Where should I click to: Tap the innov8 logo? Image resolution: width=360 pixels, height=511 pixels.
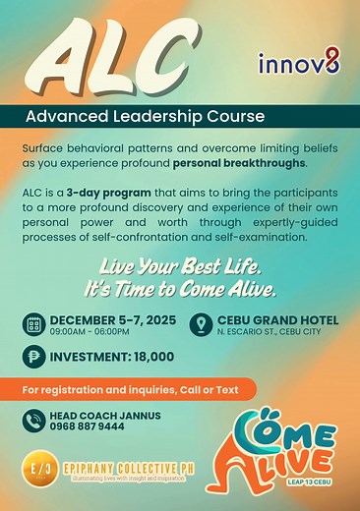tap(299, 65)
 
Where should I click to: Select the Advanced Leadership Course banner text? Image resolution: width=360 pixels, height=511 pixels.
tap(146, 116)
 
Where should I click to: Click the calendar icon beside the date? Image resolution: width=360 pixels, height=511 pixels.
tap(33, 325)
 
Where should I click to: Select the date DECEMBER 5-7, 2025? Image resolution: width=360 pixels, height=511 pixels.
tap(114, 320)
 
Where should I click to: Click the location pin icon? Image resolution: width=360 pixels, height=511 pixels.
tap(202, 325)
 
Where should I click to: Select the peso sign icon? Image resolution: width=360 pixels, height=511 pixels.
tap(33, 359)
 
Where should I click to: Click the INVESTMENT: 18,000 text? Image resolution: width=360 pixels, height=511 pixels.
tap(112, 359)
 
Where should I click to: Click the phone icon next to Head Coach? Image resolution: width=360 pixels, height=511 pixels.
tap(33, 422)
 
